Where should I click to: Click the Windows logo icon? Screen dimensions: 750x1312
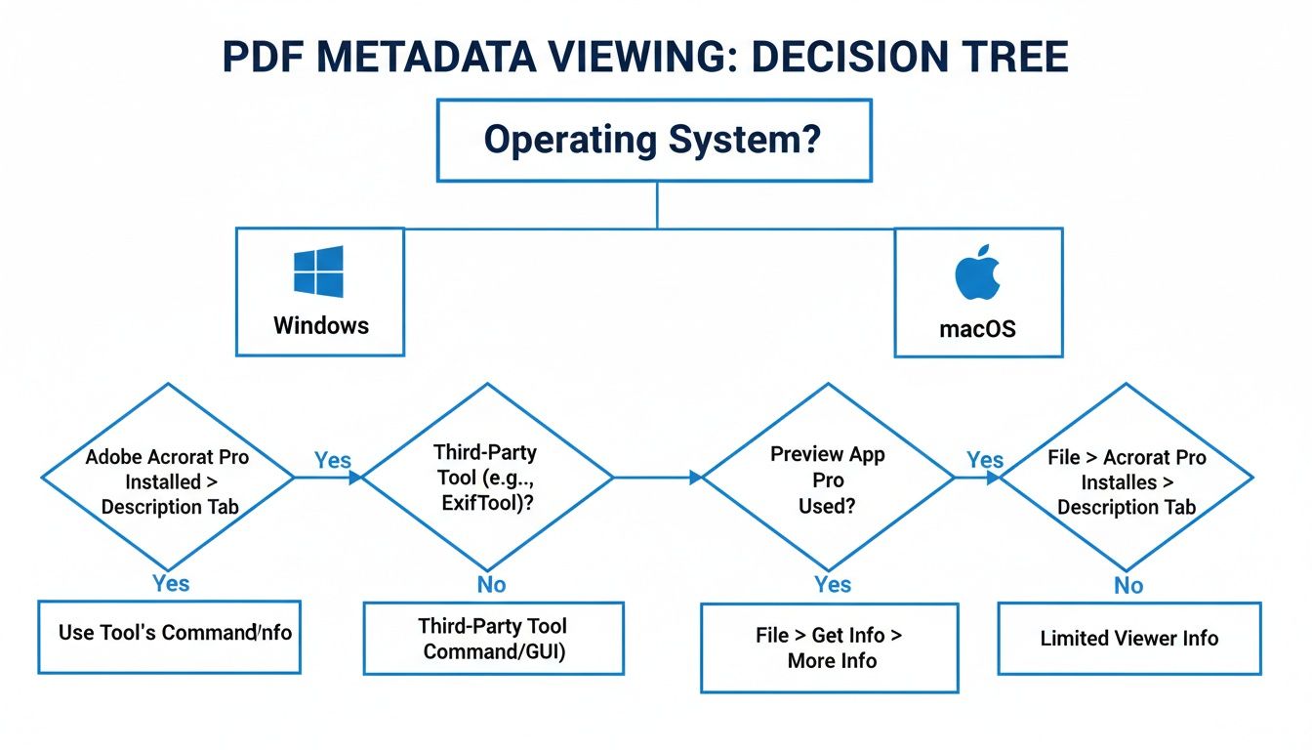[x=318, y=271]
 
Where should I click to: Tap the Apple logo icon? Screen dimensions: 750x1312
[x=978, y=272]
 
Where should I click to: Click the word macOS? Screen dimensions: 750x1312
[x=977, y=329]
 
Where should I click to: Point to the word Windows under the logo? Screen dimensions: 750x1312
[x=321, y=325]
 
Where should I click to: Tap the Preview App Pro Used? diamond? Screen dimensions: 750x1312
[x=827, y=479]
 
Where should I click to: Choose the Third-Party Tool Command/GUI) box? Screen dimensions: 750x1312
[x=493, y=638]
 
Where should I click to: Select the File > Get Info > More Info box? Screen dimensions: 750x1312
[x=830, y=647]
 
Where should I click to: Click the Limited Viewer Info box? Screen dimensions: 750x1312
[x=1128, y=639]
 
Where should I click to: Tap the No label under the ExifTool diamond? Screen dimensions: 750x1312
[x=492, y=584]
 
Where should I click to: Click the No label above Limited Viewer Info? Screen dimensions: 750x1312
[x=1128, y=586]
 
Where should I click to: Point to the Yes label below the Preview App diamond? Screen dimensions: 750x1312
[x=832, y=584]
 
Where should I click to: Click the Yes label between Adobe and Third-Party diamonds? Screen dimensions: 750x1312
[x=333, y=460]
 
